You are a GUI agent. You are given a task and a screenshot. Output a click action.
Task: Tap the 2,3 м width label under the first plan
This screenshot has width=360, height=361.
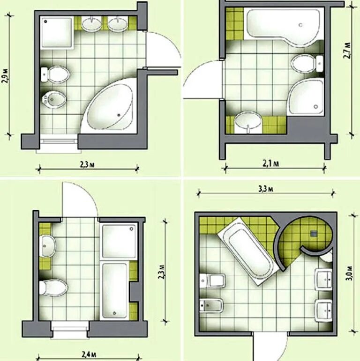click(x=87, y=165)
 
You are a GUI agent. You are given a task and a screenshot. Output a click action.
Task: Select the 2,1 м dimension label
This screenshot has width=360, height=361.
click(x=271, y=163)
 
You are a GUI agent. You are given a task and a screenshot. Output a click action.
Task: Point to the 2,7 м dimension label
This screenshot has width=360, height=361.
click(x=347, y=51)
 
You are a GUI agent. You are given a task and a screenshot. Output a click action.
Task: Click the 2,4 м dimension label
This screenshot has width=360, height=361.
click(x=89, y=354)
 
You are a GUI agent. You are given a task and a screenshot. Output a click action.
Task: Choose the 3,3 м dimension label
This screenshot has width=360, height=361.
click(x=265, y=189)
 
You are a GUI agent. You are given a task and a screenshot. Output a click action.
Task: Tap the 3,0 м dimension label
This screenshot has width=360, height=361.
click(x=349, y=273)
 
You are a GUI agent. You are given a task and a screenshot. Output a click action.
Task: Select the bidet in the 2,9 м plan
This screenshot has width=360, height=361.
click(x=54, y=99)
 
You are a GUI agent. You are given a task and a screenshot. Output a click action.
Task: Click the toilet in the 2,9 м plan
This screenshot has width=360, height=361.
click(x=55, y=74)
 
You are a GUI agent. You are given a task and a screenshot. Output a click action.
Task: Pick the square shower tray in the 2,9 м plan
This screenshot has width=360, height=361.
click(x=57, y=32)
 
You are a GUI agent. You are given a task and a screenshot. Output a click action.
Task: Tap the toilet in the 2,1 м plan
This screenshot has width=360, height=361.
click(x=307, y=64)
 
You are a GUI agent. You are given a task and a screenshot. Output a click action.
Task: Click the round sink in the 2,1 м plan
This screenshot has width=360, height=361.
click(x=248, y=122)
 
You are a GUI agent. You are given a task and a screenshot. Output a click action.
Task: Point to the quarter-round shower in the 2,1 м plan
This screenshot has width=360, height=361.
click(x=305, y=96)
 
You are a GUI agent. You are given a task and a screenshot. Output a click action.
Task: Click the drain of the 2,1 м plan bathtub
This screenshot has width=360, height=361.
click(x=300, y=25)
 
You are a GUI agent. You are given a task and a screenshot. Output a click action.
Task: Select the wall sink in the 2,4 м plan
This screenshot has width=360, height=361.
click(x=47, y=246)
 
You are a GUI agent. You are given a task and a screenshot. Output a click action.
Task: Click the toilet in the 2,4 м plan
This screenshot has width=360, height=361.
click(x=53, y=287)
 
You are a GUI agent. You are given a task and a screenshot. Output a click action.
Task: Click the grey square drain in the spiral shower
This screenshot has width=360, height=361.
click(x=314, y=234)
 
